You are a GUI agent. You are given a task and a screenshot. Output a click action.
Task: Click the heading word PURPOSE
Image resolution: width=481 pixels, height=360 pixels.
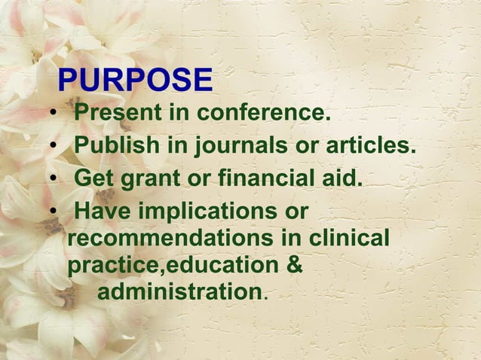point(135,81)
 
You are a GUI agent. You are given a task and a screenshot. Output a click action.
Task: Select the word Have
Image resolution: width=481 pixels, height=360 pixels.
point(102,212)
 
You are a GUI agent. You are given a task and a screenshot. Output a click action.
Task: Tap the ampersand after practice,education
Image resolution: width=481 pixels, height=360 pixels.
point(296,265)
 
